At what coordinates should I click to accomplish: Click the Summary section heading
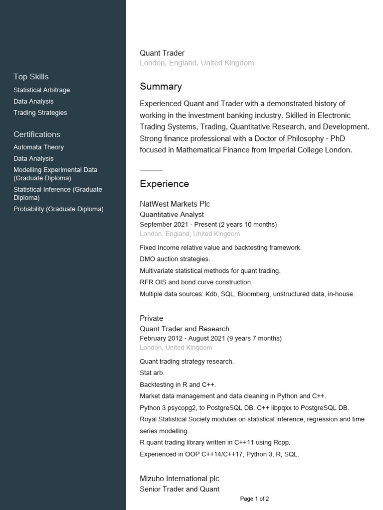[161, 87]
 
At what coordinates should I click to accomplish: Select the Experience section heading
[164, 184]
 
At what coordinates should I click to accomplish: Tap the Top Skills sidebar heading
[31, 77]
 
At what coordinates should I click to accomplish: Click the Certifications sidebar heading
[37, 134]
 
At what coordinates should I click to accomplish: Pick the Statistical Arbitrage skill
[41, 90]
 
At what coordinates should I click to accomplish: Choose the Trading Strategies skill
[40, 113]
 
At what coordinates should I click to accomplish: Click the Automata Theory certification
[38, 147]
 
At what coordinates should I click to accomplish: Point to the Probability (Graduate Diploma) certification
[58, 209]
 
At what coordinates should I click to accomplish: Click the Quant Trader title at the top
[162, 53]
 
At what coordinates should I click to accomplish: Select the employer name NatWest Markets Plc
[175, 204]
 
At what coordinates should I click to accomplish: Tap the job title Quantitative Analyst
[172, 215]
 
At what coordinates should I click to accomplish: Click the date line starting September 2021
[208, 225]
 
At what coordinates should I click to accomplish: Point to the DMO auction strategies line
[175, 259]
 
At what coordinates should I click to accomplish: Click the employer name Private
[151, 318]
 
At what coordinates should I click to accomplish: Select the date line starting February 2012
[210, 339]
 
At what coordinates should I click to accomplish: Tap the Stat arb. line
[152, 373]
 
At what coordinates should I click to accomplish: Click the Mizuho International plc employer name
[179, 479]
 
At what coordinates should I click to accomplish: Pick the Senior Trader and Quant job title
[180, 489]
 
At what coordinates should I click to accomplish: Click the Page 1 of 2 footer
[254, 499]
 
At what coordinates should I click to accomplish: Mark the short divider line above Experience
[151, 170]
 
